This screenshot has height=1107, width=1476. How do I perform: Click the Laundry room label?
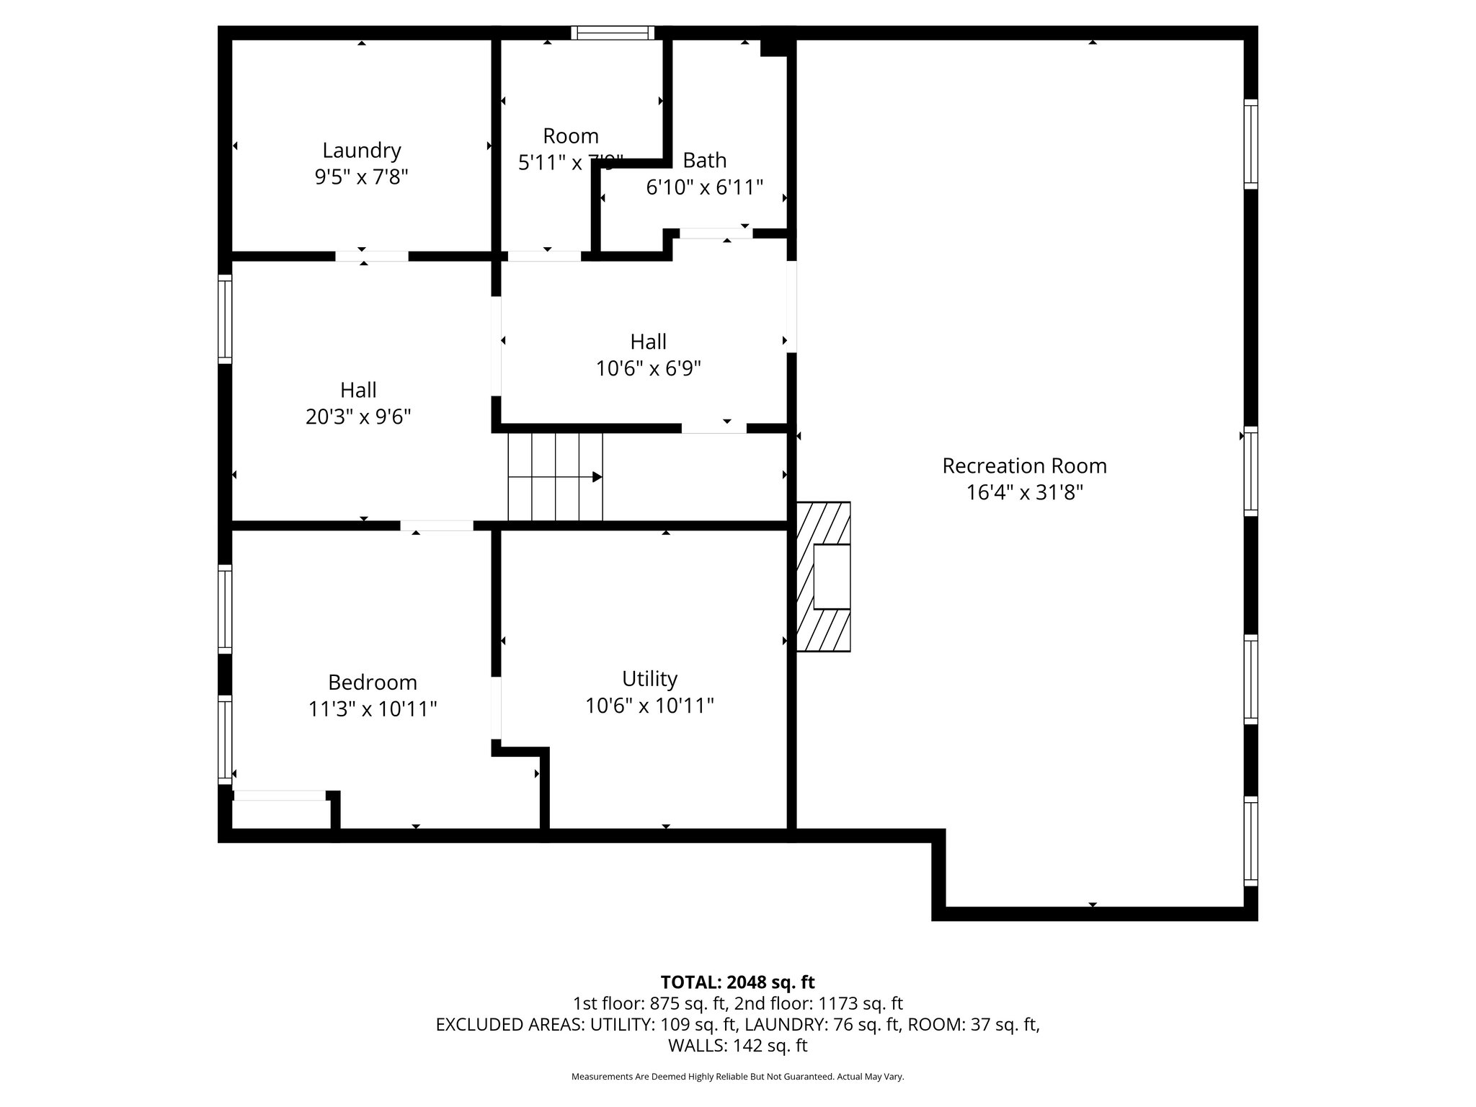pyautogui.click(x=361, y=151)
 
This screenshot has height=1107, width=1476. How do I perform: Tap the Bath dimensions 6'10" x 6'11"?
pyautogui.click(x=704, y=187)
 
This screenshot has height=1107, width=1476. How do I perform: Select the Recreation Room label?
pyautogui.click(x=1024, y=466)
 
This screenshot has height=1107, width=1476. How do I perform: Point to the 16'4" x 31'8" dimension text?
pyautogui.click(x=1024, y=493)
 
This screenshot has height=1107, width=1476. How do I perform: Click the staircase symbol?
pyautogui.click(x=555, y=476)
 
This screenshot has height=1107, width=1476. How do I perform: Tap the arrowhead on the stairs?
pyautogui.click(x=597, y=477)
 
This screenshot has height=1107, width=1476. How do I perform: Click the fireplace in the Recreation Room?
pyautogui.click(x=824, y=577)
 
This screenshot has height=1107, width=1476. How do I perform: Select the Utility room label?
pyautogui.click(x=649, y=679)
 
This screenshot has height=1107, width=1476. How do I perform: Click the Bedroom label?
pyautogui.click(x=372, y=682)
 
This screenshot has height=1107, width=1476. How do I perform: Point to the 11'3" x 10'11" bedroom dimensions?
pyautogui.click(x=372, y=709)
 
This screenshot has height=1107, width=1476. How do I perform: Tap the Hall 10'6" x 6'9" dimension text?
pyautogui.click(x=648, y=369)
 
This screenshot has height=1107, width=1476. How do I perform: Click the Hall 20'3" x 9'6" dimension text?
pyautogui.click(x=358, y=417)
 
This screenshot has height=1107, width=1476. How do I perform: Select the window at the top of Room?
pyautogui.click(x=613, y=32)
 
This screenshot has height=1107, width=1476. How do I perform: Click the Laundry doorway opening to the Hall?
pyautogui.click(x=371, y=256)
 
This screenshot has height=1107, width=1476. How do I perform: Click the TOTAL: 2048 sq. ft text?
pyautogui.click(x=737, y=982)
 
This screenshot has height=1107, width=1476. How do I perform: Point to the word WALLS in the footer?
pyautogui.click(x=695, y=1046)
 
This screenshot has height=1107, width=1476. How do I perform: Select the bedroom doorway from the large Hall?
pyautogui.click(x=437, y=525)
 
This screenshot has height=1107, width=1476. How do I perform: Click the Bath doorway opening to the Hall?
pyautogui.click(x=716, y=233)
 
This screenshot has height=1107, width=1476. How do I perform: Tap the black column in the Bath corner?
pyautogui.click(x=774, y=47)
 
